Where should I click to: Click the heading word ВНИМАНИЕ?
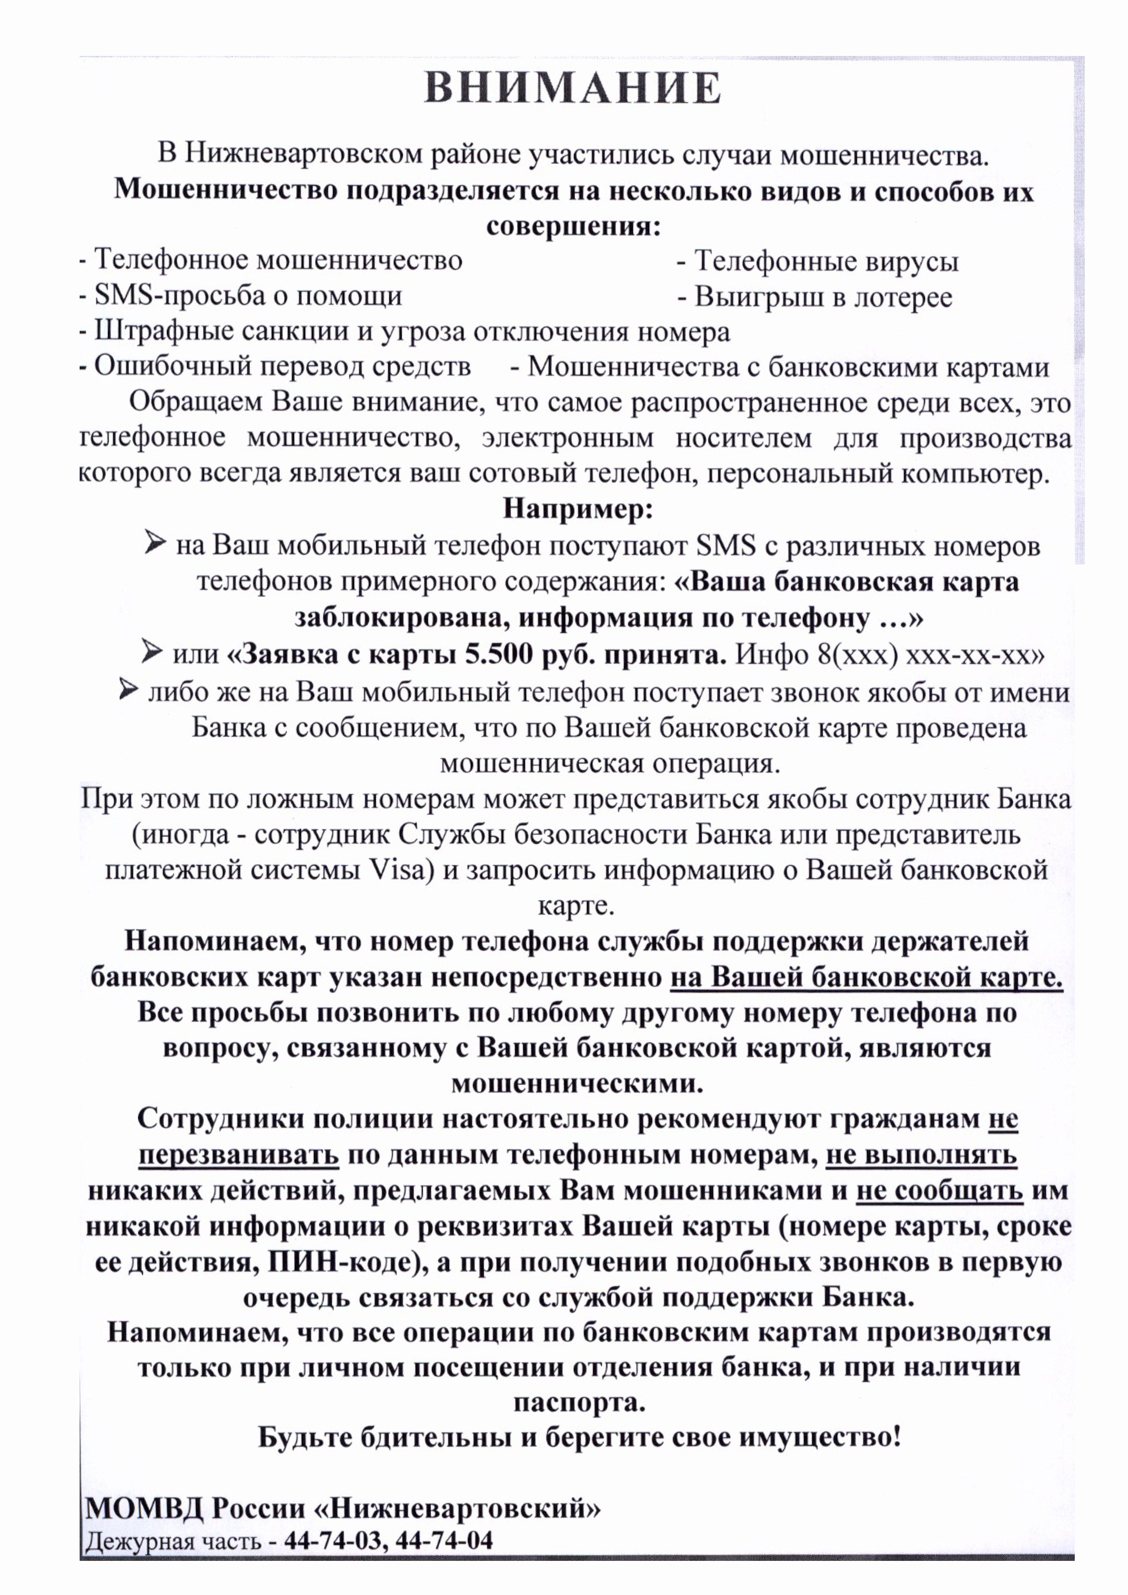(572, 88)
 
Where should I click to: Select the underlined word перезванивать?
(238, 1154)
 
